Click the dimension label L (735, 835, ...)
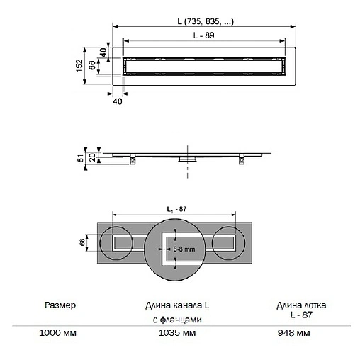pyautogui.click(x=206, y=21)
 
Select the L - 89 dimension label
pyautogui.click(x=203, y=35)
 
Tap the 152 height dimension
pyautogui.click(x=79, y=66)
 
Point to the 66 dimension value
pyautogui.click(x=92, y=65)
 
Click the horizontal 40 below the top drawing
pyautogui.click(x=118, y=101)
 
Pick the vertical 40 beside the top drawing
pyautogui.click(x=103, y=52)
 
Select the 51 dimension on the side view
pyautogui.click(x=81, y=158)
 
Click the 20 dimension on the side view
pyautogui.click(x=93, y=157)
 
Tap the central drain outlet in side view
pyautogui.click(x=188, y=159)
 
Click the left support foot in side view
pyautogui.click(x=133, y=159)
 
